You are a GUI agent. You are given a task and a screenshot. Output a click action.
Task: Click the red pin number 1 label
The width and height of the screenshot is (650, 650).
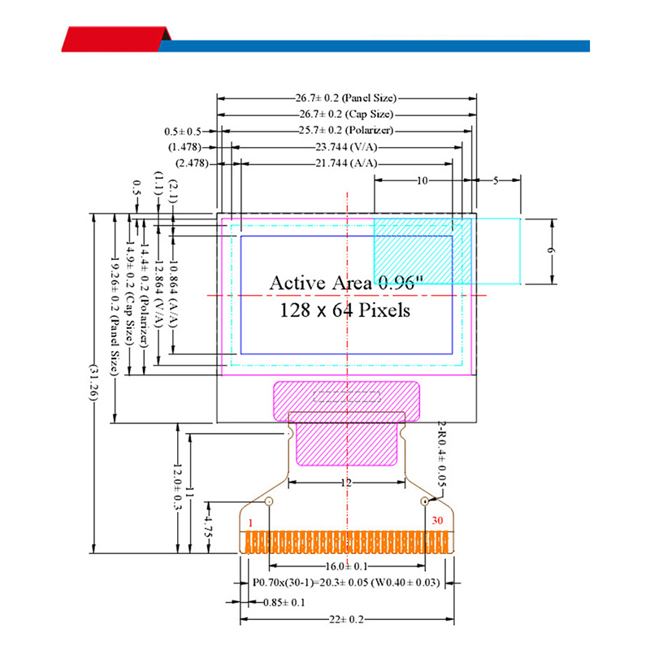pos(251,522)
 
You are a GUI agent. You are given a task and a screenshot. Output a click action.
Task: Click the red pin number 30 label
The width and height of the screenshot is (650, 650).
pos(438,520)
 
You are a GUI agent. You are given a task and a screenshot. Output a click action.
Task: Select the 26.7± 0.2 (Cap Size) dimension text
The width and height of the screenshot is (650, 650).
pos(347,115)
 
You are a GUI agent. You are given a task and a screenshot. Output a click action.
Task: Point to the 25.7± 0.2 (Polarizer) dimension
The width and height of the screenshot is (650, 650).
pos(347,131)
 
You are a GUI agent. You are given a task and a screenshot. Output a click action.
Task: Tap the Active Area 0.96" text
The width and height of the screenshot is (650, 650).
pos(346,283)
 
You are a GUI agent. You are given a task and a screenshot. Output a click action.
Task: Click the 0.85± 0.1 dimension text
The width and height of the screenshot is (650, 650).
pos(284,602)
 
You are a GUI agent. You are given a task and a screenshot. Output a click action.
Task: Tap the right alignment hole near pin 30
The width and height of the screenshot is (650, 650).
pos(424,501)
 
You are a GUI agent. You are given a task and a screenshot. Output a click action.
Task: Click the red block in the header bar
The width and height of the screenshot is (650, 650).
pos(114,39)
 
